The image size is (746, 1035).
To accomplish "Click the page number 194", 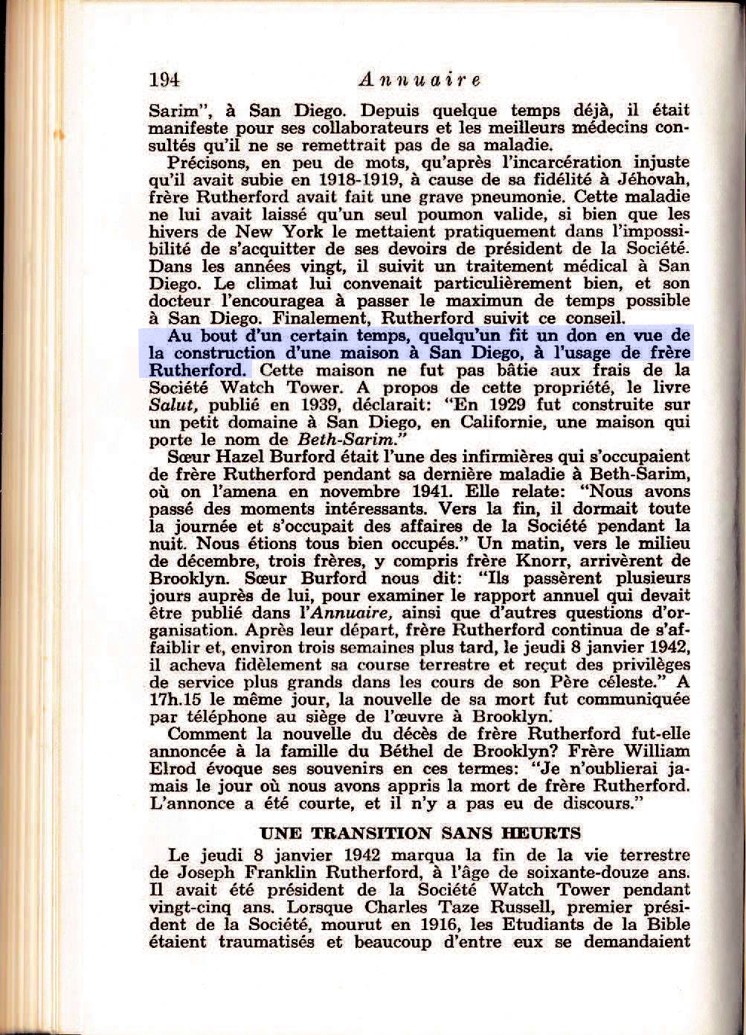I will pos(164,79).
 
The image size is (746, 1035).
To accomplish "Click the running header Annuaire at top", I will pos(419,80).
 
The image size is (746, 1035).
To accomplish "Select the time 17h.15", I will pos(176,699).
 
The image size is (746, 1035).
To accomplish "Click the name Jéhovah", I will pos(655,179).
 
